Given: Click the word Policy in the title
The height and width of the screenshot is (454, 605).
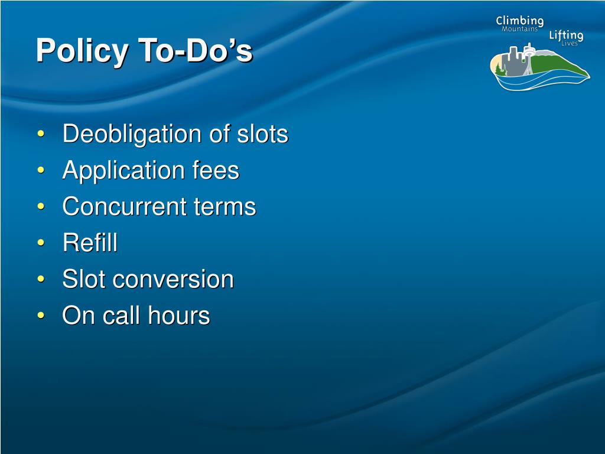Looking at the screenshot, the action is pyautogui.click(x=82, y=51).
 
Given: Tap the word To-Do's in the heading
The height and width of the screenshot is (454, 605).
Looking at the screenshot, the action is pyautogui.click(x=196, y=50).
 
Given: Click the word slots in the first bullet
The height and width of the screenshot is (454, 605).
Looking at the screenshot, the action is pyautogui.click(x=262, y=134).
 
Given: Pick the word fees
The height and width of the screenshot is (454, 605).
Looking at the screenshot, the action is pyautogui.click(x=216, y=170).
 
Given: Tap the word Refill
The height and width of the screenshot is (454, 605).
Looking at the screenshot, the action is pyautogui.click(x=90, y=242).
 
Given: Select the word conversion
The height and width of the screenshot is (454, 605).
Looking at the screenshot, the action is pyautogui.click(x=173, y=279).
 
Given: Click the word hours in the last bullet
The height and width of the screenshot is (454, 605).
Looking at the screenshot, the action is pyautogui.click(x=179, y=315).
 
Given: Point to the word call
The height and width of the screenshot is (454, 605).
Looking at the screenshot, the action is pyautogui.click(x=121, y=315).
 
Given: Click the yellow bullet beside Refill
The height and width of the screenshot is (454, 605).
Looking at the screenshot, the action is pyautogui.click(x=41, y=243).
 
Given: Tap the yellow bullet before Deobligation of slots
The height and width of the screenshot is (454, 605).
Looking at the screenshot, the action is pyautogui.click(x=41, y=134).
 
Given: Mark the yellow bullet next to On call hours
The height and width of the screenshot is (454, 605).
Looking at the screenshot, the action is pyautogui.click(x=41, y=316).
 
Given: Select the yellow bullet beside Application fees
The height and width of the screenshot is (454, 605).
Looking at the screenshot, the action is pyautogui.click(x=41, y=170).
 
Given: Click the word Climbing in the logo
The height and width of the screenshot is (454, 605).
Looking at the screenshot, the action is pyautogui.click(x=520, y=22).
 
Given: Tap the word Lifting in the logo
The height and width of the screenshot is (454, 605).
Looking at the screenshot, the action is pyautogui.click(x=567, y=35).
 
